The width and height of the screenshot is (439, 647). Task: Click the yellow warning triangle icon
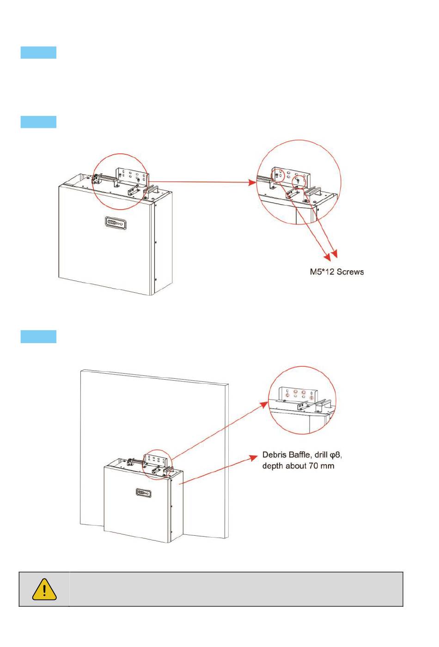[x=44, y=589]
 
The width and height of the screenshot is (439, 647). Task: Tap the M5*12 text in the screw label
[x=322, y=272]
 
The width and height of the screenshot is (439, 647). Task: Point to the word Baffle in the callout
[x=299, y=455]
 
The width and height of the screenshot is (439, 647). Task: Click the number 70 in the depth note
[x=313, y=466]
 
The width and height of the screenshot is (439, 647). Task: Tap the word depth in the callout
[x=273, y=466]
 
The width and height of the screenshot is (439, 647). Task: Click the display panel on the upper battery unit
[x=116, y=223]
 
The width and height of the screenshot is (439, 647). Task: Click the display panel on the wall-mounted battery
[x=143, y=492]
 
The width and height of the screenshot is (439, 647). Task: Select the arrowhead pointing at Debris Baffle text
[x=254, y=457]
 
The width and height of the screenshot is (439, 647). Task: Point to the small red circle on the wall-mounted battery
[x=157, y=465]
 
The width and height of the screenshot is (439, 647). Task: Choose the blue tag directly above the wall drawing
[x=38, y=337]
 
